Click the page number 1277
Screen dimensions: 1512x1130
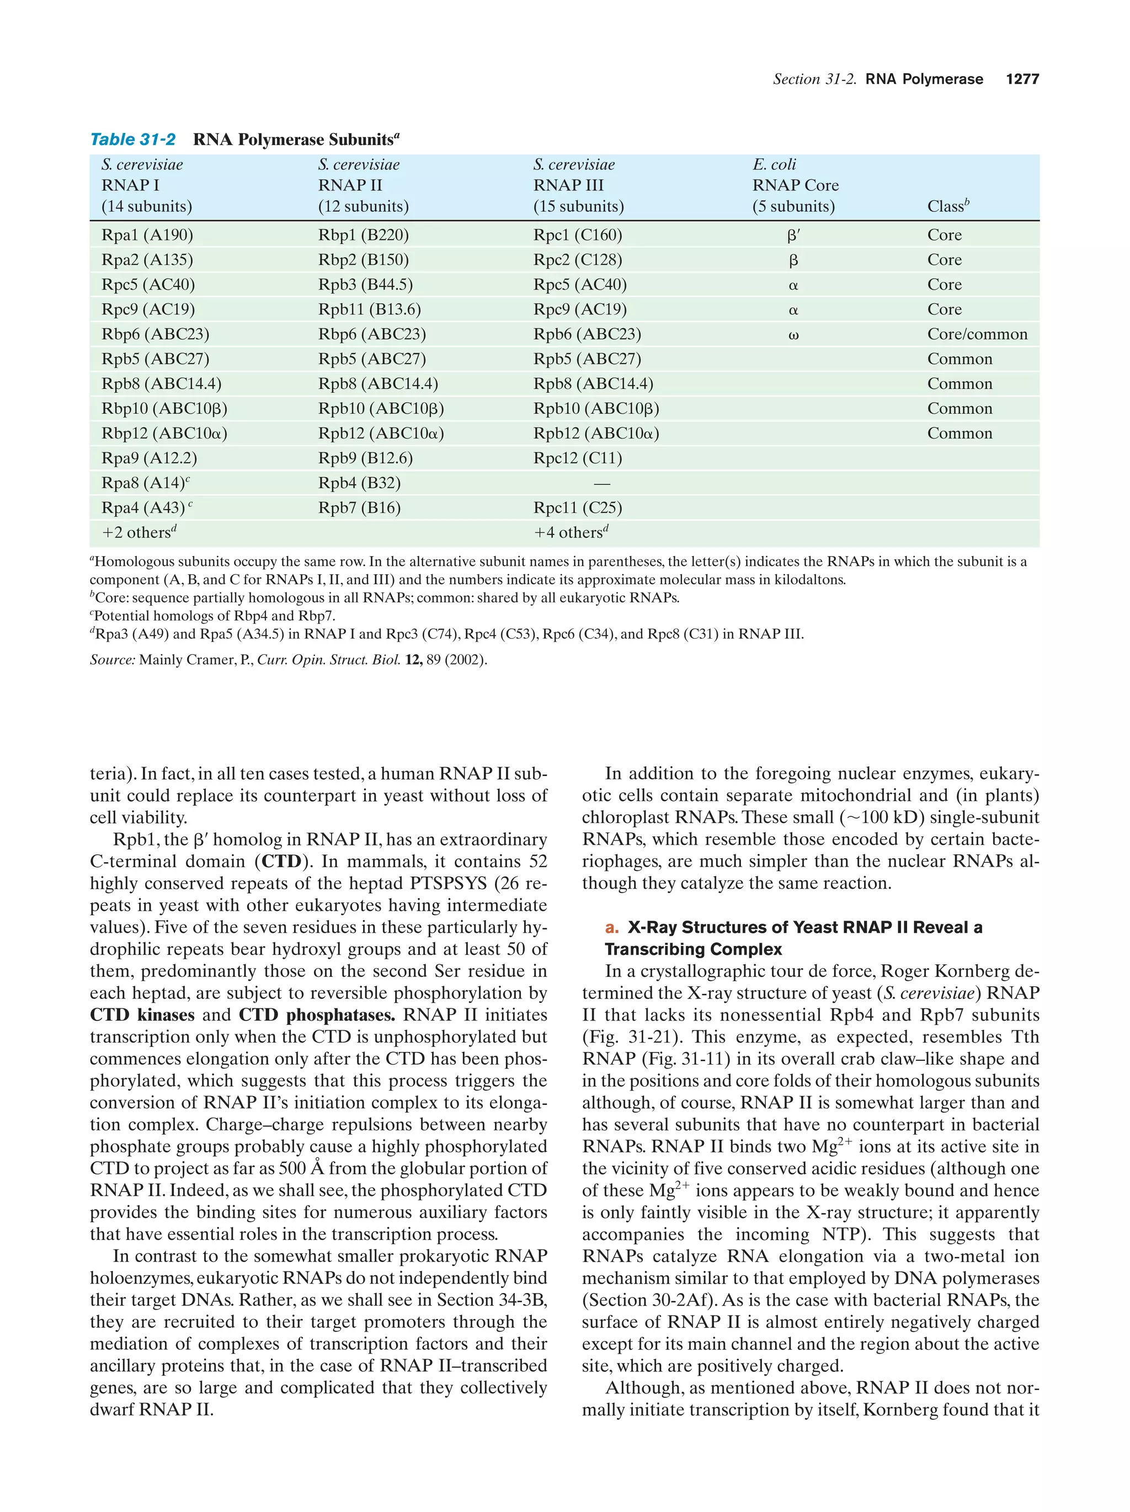pyautogui.click(x=1021, y=79)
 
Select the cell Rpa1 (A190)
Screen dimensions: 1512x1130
pyautogui.click(x=147, y=235)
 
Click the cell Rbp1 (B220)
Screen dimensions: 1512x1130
pyautogui.click(x=363, y=235)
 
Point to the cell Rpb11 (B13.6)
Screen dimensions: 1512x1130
pyautogui.click(x=369, y=309)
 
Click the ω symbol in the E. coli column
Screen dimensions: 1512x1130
pyautogui.click(x=793, y=335)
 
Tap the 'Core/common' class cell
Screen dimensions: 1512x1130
pyautogui.click(x=976, y=334)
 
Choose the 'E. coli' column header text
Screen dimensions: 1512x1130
pyautogui.click(x=774, y=165)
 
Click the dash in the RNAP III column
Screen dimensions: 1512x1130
pyautogui.click(x=601, y=483)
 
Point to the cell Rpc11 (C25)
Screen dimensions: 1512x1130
pyautogui.click(x=577, y=508)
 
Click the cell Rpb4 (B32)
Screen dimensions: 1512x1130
pyautogui.click(x=359, y=483)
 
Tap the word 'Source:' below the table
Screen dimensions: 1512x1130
pyautogui.click(x=112, y=660)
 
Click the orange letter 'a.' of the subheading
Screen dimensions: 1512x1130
pyautogui.click(x=611, y=928)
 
